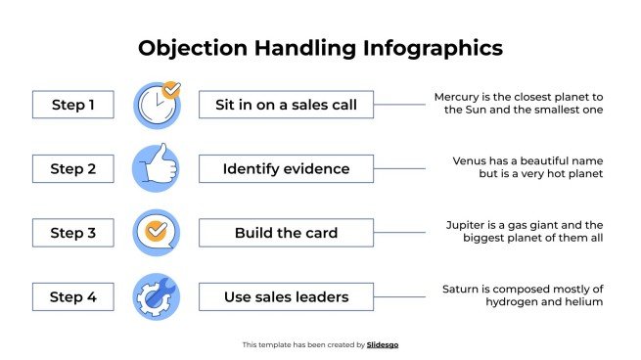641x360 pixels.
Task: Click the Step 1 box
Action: (x=73, y=105)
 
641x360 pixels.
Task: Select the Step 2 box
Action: (x=73, y=168)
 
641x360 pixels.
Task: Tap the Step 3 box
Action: (x=73, y=233)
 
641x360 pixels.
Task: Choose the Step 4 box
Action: (x=73, y=296)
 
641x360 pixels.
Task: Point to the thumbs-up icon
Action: (x=157, y=168)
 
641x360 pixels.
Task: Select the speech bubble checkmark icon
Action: (x=157, y=233)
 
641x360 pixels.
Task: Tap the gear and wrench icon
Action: (x=157, y=296)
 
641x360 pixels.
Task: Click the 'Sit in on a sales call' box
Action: (x=286, y=105)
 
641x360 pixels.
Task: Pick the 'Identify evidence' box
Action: (x=286, y=168)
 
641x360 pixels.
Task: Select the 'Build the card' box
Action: (x=286, y=233)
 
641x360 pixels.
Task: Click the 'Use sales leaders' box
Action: (x=286, y=296)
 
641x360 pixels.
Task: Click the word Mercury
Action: (x=459, y=97)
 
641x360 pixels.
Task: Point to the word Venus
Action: (x=471, y=160)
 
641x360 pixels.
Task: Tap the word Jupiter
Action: (x=468, y=224)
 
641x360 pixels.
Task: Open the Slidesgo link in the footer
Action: (x=383, y=344)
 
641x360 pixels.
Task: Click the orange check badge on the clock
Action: (x=171, y=90)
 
